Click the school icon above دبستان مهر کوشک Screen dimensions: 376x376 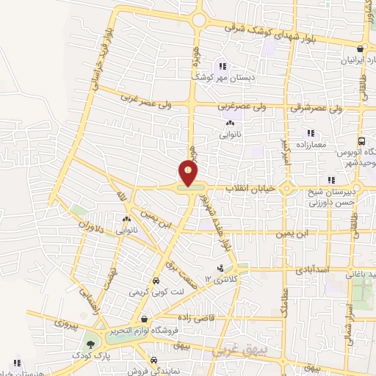(x=223, y=65)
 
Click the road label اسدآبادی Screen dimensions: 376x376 (x=311, y=270)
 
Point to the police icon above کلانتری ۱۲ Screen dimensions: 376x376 (x=219, y=269)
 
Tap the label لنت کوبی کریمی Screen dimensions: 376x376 (x=154, y=292)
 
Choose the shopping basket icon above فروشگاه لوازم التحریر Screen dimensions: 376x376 (x=145, y=320)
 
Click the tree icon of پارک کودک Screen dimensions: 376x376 (x=90, y=343)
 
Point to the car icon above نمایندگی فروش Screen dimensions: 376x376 (x=153, y=360)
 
